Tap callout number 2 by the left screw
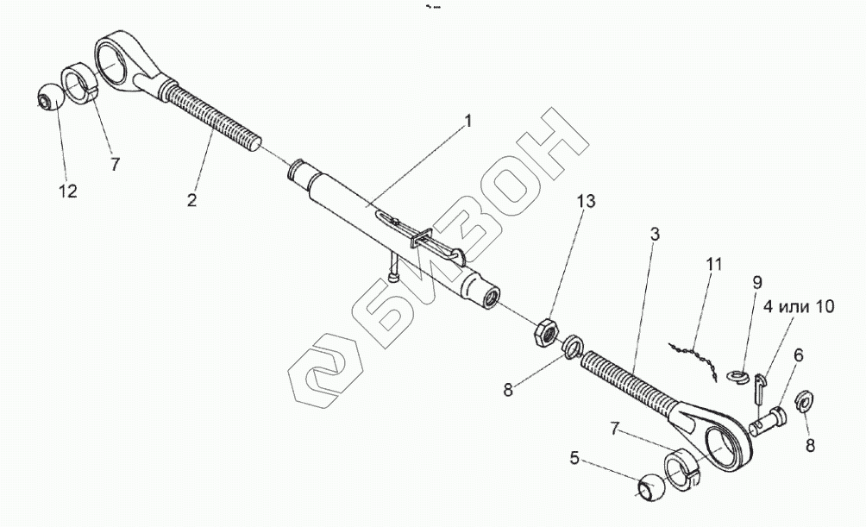coord(191,199)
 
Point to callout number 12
coord(67,190)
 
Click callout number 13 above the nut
coord(586,201)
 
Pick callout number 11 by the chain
coord(712,264)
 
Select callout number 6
coord(798,354)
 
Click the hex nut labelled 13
coord(546,332)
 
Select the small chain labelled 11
coord(696,354)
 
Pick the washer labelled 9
coord(738,376)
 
